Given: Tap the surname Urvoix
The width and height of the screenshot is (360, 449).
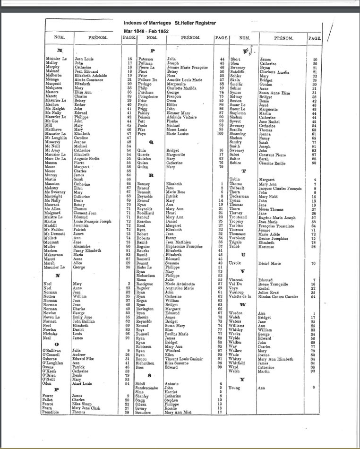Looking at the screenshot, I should pyautogui.click(x=236, y=263).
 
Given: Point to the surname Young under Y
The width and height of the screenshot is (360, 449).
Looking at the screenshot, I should pyautogui.click(x=235, y=387).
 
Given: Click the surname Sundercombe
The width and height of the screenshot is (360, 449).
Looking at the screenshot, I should pyautogui.click(x=149, y=387).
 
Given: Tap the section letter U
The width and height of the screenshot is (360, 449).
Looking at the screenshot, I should pyautogui.click(x=243, y=254).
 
